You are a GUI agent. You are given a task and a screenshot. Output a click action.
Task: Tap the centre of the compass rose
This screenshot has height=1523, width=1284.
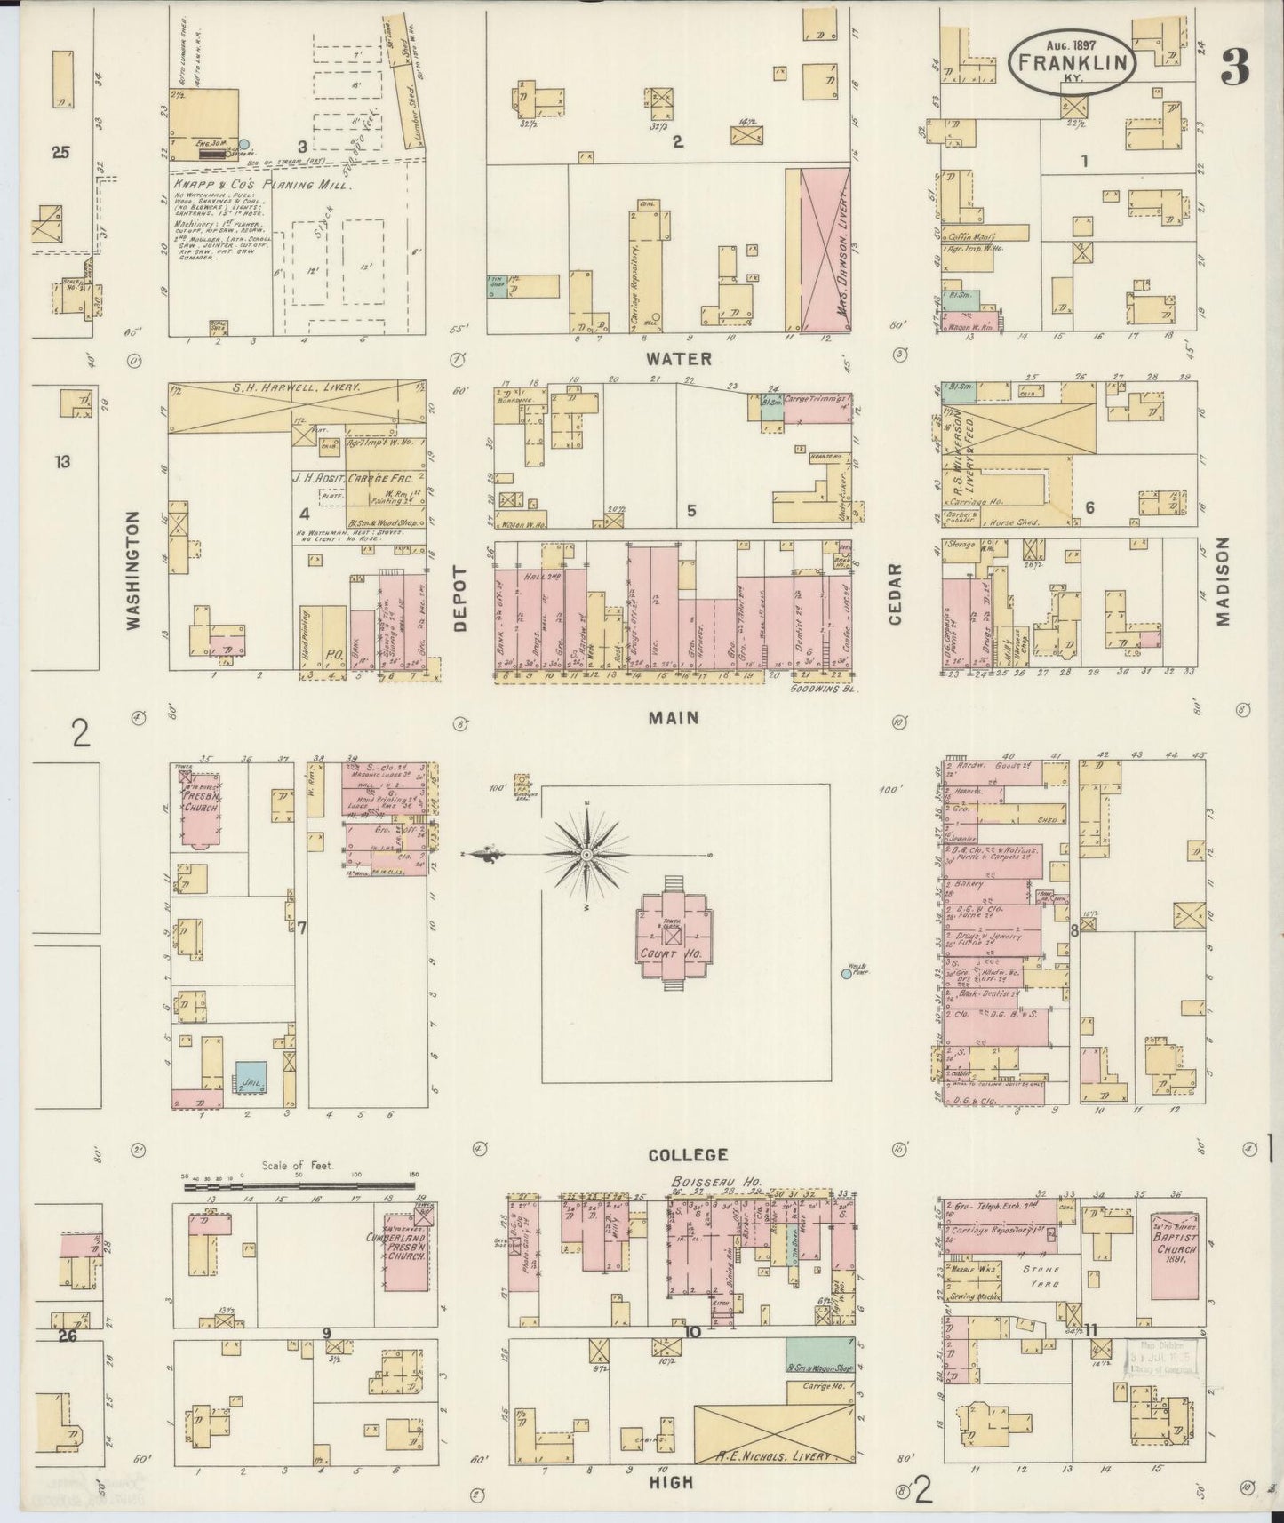pos(586,854)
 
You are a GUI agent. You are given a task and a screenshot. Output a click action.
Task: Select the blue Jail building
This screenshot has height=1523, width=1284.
pos(251,1075)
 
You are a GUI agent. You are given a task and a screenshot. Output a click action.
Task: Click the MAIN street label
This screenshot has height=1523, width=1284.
pos(674,717)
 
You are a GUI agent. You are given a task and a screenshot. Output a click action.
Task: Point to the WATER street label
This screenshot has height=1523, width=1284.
pos(679,359)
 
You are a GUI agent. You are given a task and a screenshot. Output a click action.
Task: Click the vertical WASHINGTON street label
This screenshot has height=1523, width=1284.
pos(134,570)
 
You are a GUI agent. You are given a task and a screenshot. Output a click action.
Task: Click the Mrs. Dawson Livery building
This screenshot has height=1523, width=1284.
pos(826,251)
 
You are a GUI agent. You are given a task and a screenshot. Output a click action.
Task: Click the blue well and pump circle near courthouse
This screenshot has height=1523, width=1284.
pos(846,974)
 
